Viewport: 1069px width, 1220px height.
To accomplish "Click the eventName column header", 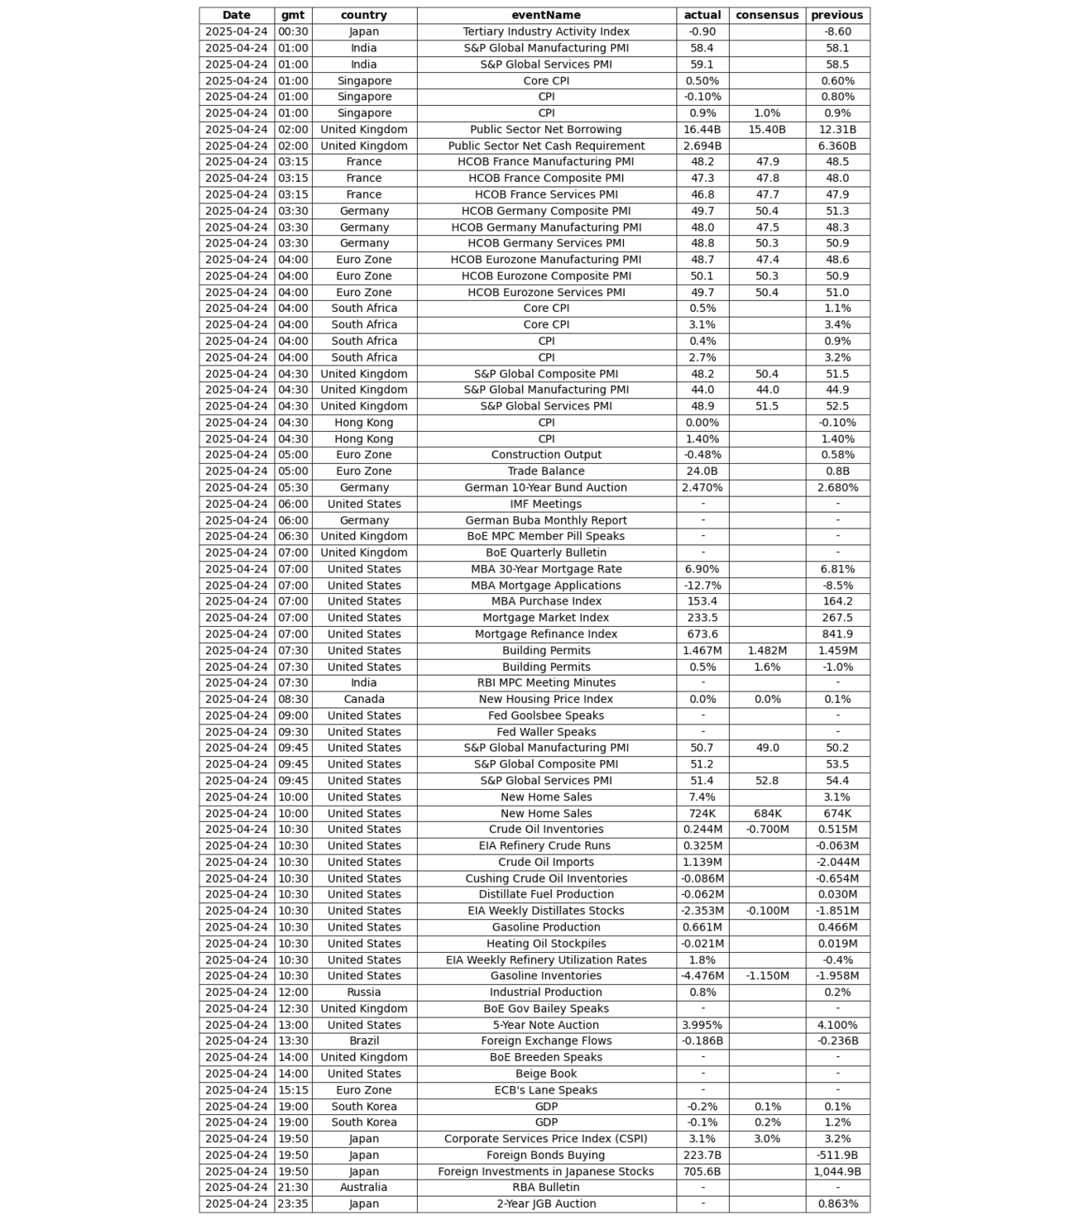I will click(546, 15).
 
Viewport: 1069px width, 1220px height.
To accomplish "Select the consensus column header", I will click(767, 15).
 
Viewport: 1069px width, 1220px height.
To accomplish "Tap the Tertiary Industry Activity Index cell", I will click(546, 31).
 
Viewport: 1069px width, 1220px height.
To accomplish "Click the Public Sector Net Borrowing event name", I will click(546, 129).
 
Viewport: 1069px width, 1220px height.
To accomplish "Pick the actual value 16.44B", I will click(702, 129).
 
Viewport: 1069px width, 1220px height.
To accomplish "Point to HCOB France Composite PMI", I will click(546, 178).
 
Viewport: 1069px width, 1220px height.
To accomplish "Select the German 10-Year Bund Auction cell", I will click(546, 487).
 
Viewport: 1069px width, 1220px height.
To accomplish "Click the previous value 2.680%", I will click(837, 487).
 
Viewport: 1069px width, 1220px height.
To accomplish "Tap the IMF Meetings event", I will click(546, 504).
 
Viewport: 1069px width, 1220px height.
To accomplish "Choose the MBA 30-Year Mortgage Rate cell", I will click(546, 569).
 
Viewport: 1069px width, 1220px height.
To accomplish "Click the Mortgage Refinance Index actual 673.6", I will click(702, 634).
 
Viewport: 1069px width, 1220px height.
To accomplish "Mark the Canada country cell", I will click(364, 699).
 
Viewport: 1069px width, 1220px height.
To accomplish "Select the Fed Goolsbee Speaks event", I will click(546, 715).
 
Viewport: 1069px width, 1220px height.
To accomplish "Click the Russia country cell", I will click(364, 992).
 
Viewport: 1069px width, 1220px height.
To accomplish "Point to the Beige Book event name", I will click(546, 1074).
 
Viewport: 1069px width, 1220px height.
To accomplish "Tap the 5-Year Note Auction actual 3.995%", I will click(702, 1025).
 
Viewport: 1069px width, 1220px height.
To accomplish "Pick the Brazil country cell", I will click(364, 1041).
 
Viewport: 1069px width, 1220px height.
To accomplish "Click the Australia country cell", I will click(364, 1187).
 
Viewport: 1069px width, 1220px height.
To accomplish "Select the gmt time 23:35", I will click(293, 1203).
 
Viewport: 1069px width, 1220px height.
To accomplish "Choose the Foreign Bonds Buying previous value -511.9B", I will click(837, 1155).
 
